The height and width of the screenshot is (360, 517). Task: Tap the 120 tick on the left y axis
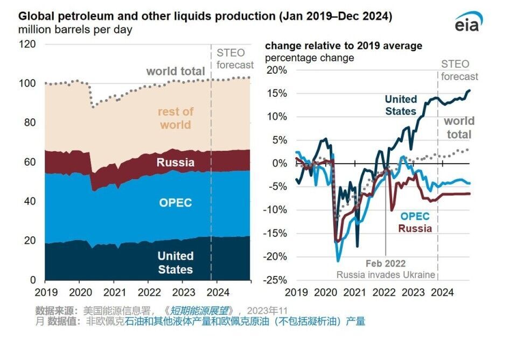coord(28,44)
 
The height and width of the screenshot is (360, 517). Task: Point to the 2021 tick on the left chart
coord(114,292)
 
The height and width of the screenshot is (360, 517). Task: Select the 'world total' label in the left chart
coord(176,71)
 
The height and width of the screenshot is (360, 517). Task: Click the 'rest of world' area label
coord(175,118)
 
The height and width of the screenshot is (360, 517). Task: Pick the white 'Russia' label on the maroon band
coord(175,162)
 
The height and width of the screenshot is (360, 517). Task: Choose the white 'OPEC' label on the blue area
coord(175,203)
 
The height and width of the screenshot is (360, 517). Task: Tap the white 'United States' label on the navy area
coord(176,263)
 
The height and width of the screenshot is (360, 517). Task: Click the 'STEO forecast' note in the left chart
coord(235,59)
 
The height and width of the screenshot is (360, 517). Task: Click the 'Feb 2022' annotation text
coord(385,264)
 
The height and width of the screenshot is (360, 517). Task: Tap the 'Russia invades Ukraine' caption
coord(386,275)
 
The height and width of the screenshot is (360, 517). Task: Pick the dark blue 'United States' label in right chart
coord(401,105)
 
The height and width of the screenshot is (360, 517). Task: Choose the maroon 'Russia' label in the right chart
coord(415,228)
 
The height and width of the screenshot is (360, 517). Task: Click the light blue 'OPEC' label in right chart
coord(415,216)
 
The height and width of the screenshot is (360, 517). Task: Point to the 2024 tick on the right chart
coord(443,292)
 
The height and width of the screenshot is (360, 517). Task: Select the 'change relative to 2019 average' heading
coord(344,46)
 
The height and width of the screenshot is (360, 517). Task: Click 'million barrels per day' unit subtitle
coord(75,30)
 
